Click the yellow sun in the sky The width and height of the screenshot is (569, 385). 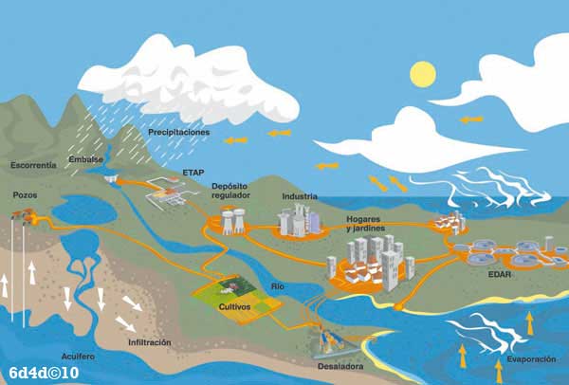pyautogui.click(x=421, y=72)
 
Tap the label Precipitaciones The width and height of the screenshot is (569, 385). pyautogui.click(x=178, y=133)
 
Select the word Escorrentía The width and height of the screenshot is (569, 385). pyautogui.click(x=33, y=165)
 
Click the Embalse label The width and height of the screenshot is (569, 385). pyautogui.click(x=85, y=159)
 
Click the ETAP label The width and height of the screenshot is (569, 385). pyautogui.click(x=193, y=173)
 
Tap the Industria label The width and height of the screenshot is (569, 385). pyautogui.click(x=300, y=197)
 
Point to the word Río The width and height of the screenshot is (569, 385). pyautogui.click(x=277, y=286)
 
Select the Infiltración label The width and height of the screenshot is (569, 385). pyautogui.click(x=149, y=341)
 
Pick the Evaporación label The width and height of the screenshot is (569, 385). pyautogui.click(x=523, y=360)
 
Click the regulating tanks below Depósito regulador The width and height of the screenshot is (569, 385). pyautogui.click(x=229, y=223)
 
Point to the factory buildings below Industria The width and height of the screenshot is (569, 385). pyautogui.click(x=295, y=223)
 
